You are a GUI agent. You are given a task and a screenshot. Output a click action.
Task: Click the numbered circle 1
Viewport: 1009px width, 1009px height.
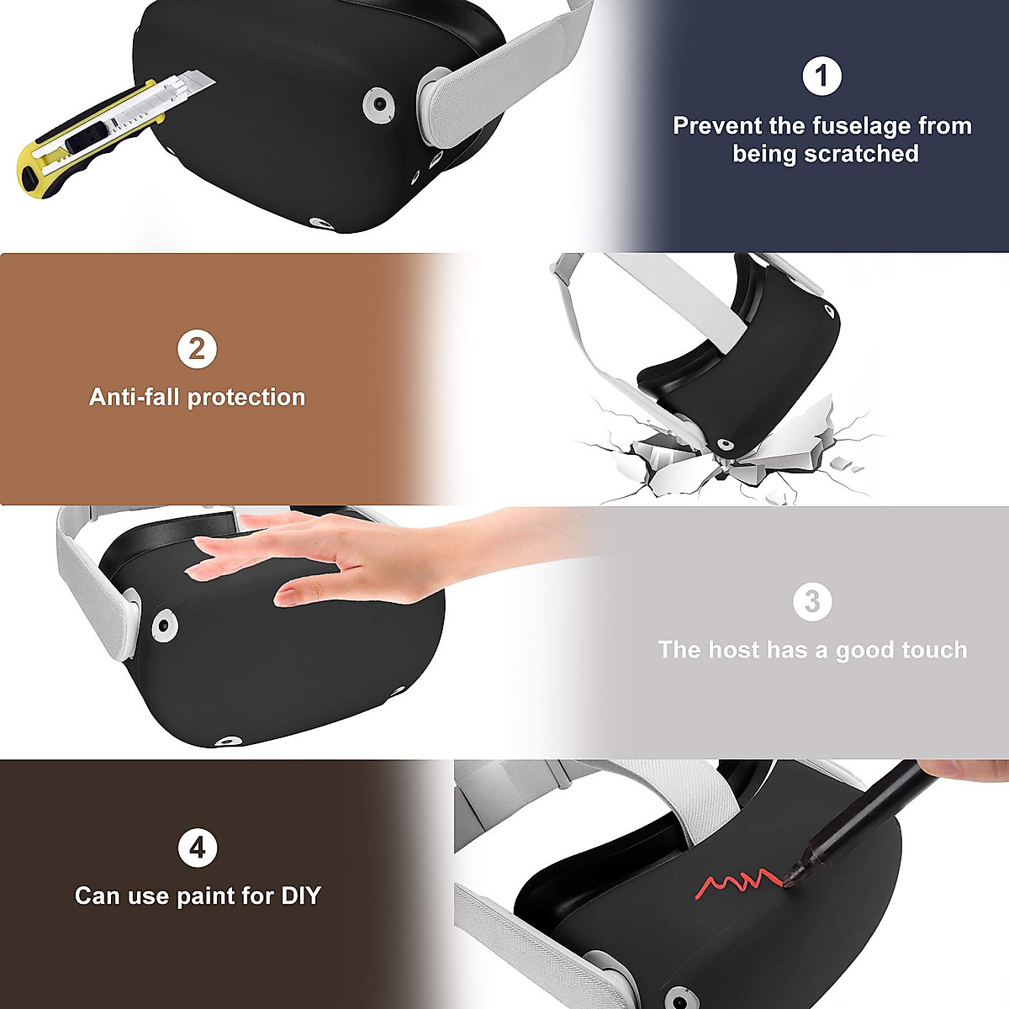(x=821, y=77)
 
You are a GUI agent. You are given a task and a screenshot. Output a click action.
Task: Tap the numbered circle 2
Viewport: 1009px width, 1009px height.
(x=197, y=349)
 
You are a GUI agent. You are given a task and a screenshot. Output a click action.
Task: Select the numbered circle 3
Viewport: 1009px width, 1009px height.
(x=812, y=602)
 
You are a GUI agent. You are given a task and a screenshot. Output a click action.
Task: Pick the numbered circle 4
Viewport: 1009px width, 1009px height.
(x=197, y=848)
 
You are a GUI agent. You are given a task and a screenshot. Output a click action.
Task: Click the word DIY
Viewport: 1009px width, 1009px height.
(x=301, y=895)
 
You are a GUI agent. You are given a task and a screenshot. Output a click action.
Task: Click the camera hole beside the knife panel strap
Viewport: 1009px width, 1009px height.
(x=380, y=105)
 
